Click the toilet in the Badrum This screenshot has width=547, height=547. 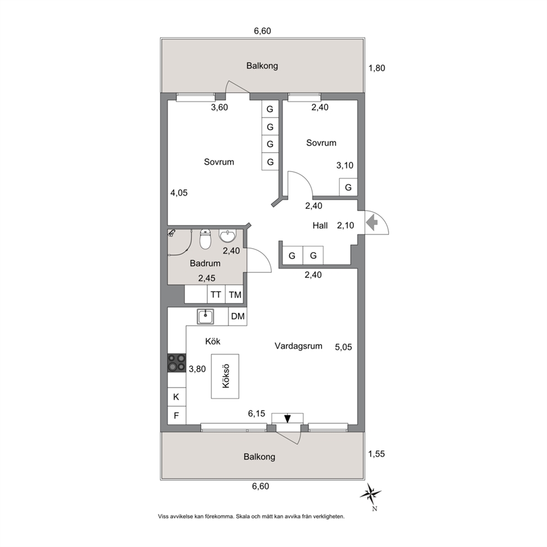point(205,239)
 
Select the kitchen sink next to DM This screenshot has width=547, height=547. point(206,317)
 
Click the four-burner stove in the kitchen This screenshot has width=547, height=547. point(177,363)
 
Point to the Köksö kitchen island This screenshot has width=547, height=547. point(225,376)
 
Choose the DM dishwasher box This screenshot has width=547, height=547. point(238,317)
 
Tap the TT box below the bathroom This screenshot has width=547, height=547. point(216,295)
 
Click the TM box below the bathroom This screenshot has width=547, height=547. point(235,295)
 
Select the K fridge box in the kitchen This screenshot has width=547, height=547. point(176,396)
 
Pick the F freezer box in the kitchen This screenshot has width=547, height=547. point(176,415)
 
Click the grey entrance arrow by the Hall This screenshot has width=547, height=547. point(372,222)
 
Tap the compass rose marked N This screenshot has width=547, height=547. point(371,494)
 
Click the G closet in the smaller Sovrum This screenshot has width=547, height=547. point(348,187)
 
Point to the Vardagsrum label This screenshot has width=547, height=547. point(298,346)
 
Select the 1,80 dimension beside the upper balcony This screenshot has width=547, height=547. point(377,68)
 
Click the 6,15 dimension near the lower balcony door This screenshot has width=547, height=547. point(256,414)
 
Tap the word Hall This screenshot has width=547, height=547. point(320,226)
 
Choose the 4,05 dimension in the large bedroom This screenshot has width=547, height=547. point(179,192)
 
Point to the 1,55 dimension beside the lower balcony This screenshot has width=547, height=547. point(377,454)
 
